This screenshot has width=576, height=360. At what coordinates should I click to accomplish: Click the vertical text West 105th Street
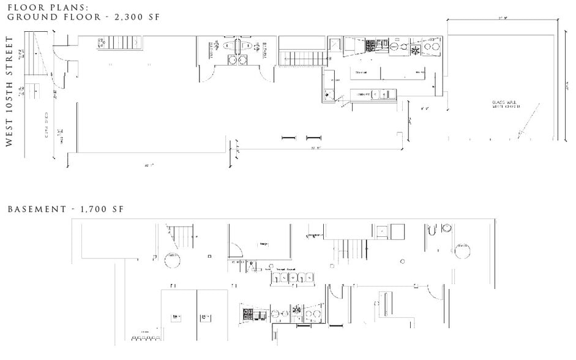tap(10, 91)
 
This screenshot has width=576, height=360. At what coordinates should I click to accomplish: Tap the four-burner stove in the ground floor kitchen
tap(371, 45)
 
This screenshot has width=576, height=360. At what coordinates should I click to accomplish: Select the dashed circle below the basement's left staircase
tap(173, 260)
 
